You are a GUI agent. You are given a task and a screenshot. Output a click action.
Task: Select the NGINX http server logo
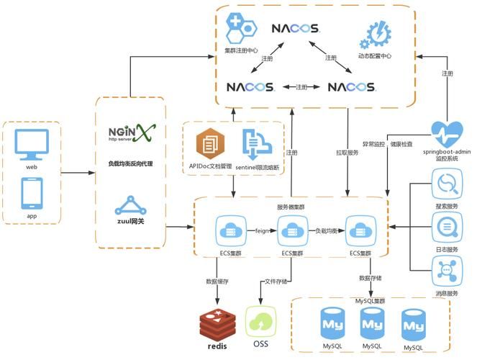click(130, 134)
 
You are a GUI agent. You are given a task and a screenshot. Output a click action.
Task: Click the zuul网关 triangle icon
click(130, 205)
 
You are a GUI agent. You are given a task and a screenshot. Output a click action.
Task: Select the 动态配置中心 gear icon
click(377, 34)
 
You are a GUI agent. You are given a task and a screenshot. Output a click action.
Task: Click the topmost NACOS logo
click(296, 29)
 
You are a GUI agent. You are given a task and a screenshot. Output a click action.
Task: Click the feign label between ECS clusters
click(261, 230)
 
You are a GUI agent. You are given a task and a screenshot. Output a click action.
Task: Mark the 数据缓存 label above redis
click(217, 280)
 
